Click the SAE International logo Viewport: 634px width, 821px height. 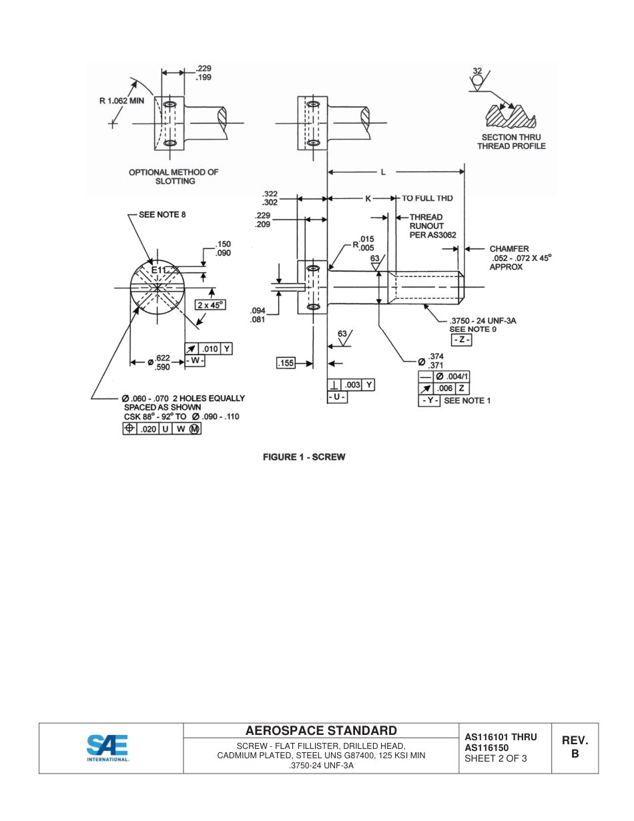pos(107,748)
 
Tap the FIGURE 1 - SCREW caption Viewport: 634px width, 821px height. pos(304,457)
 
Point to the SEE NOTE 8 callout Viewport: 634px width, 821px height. pos(162,214)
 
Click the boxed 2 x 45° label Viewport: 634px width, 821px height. pos(210,304)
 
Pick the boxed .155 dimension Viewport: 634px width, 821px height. pos(286,363)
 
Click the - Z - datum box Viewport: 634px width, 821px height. pos(462,340)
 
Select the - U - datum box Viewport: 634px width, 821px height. pos(337,397)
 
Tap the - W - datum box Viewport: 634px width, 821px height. pos(195,361)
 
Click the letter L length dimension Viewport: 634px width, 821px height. pos(383,172)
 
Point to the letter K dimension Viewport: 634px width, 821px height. pos(368,199)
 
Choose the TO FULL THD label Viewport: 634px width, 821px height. pos(427,198)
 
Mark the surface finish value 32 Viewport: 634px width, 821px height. pos(477,71)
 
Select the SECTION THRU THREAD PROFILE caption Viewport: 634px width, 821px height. pos(513,142)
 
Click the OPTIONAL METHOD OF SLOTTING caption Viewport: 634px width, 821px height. pos(174,176)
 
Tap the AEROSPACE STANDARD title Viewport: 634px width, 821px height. pos(321,730)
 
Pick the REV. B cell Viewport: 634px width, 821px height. pos(575,748)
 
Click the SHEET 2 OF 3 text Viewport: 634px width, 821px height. pos(496,758)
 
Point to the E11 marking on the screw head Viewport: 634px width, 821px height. pos(159,270)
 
